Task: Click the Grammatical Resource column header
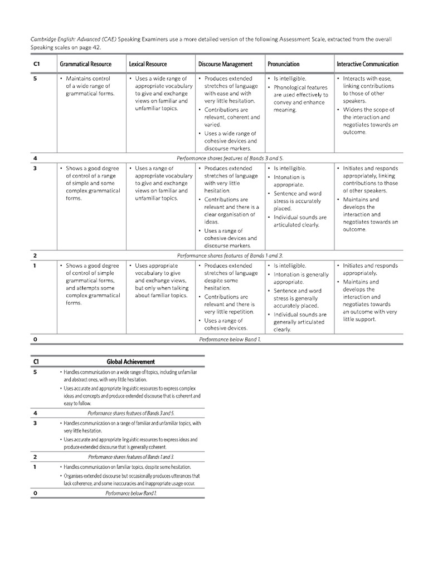coord(85,64)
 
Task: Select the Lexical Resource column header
coord(148,64)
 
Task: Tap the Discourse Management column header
coord(225,64)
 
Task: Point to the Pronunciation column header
coord(283,64)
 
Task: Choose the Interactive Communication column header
coord(367,64)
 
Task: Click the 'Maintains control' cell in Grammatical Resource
coord(88,86)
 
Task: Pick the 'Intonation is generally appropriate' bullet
coord(300,278)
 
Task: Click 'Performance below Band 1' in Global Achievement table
coord(131,493)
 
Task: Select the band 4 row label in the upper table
coord(35,158)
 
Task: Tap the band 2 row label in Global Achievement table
coord(35,456)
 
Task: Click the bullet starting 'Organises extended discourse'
coord(131,480)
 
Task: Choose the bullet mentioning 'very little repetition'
coord(228,304)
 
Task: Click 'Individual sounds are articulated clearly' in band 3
coord(300,221)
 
